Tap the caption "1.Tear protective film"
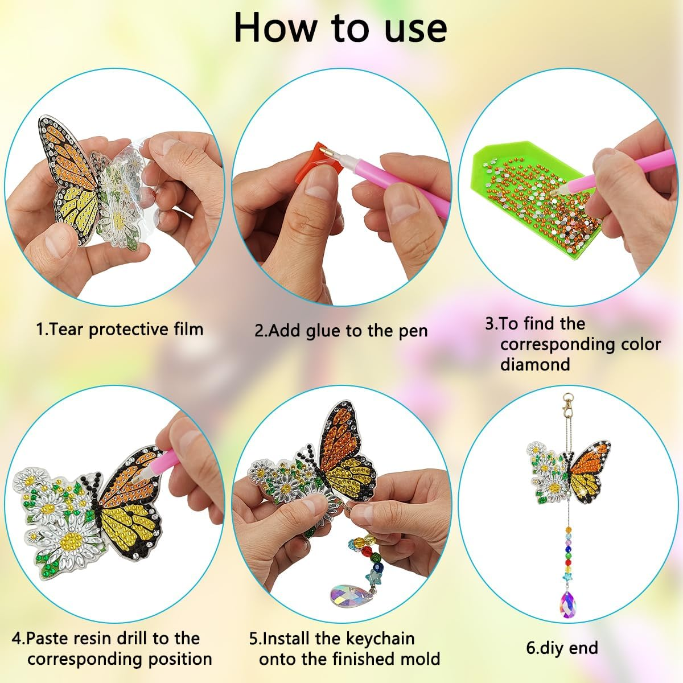120,329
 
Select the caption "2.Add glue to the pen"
340,331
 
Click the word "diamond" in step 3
534,364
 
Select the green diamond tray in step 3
501,228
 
